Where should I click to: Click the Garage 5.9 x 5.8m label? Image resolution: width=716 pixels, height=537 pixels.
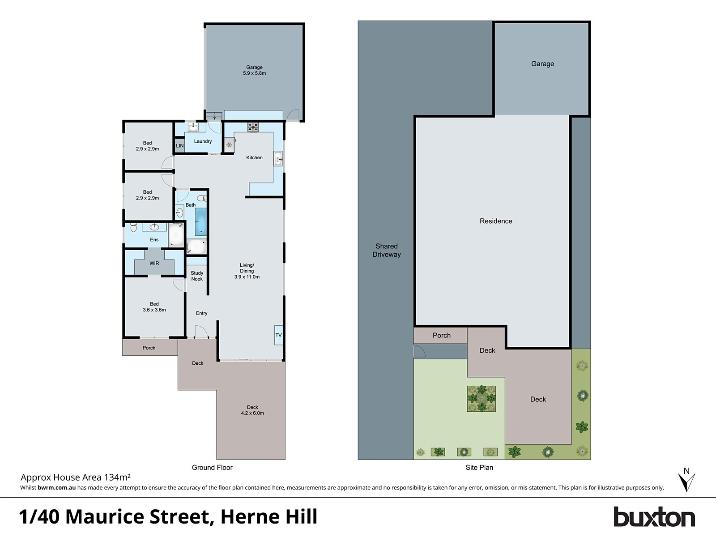tap(254, 70)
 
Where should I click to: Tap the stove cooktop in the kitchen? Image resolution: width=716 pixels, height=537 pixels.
tap(253, 127)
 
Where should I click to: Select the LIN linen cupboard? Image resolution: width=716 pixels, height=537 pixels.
tap(179, 145)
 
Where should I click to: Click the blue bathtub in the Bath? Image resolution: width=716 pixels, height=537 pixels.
tap(201, 222)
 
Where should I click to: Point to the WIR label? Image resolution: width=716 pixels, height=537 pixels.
tap(154, 263)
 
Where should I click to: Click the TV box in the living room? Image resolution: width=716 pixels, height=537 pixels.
tap(278, 335)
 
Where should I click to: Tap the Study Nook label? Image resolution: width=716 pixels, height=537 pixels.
tap(197, 276)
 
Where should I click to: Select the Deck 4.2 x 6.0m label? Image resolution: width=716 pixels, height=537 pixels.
tap(252, 410)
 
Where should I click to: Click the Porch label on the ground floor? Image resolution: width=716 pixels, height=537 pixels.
tap(149, 348)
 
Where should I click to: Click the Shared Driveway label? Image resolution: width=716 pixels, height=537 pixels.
tap(387, 250)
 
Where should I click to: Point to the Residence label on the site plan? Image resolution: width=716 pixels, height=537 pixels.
tap(496, 221)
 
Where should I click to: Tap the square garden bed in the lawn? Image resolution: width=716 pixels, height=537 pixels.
tap(482, 398)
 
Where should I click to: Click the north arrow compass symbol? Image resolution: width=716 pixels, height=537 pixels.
tap(686, 480)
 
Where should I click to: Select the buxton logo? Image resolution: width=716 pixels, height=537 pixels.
tap(654, 517)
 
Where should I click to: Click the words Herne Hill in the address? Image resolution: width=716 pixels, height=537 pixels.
tap(269, 517)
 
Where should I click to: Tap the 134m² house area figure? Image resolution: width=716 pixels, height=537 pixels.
tap(117, 477)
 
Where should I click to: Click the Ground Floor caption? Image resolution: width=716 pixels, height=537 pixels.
tap(212, 467)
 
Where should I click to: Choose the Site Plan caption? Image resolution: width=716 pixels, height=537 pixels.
tap(479, 467)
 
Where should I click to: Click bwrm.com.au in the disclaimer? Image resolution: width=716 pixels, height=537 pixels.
tap(57, 488)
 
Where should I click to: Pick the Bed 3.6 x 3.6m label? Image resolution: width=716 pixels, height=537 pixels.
tap(154, 307)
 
